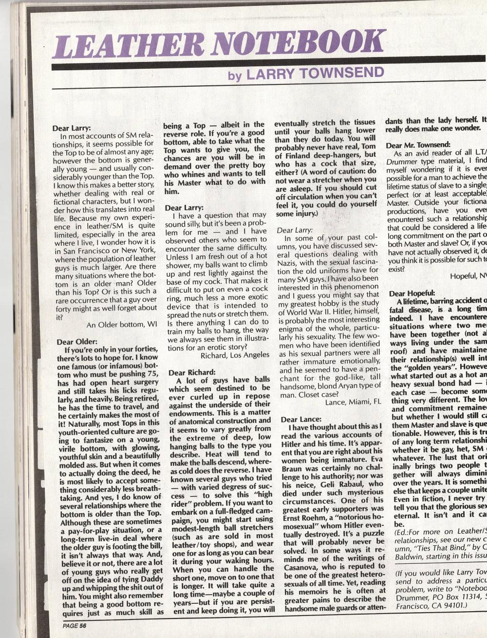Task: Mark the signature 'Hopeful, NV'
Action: [468, 276]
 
